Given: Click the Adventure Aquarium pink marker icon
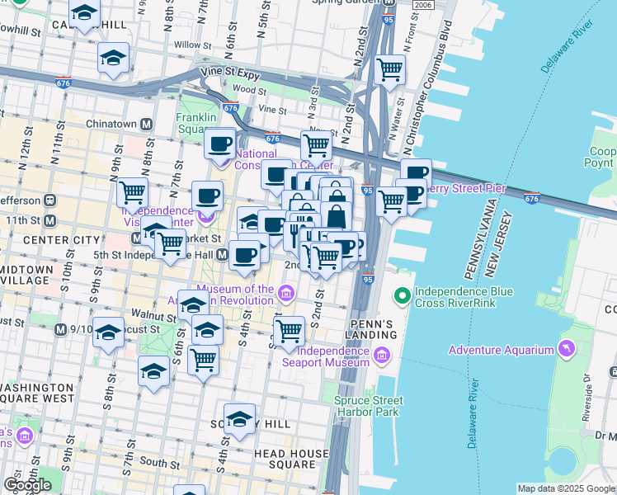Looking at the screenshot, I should tap(565, 350).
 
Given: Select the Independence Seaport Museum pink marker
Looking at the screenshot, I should tap(380, 355).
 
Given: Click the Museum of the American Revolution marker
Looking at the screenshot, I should tap(285, 293).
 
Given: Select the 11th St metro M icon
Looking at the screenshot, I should tap(49, 221).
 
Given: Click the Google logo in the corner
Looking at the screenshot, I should tap(26, 484).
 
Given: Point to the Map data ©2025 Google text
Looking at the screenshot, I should tap(565, 488).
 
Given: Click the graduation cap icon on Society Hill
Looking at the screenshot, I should tap(240, 418).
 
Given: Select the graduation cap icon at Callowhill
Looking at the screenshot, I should tap(84, 13).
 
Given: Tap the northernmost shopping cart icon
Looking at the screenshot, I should tap(389, 68).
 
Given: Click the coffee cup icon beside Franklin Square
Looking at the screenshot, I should tap(219, 144).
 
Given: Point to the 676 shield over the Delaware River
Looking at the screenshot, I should tap(532, 197).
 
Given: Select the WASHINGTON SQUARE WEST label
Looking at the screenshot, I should tap(40, 393).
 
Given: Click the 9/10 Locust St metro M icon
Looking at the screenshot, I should tap(59, 329).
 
